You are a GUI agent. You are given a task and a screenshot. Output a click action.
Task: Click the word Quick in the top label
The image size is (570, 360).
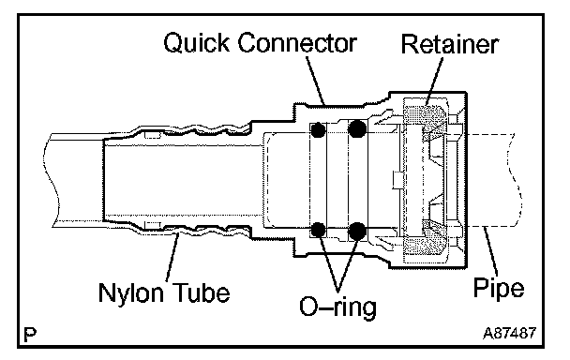coord(197,43)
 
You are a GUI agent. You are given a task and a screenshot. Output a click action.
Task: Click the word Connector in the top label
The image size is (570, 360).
coord(297,43)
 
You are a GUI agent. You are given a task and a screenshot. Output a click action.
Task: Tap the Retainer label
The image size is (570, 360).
coord(450,45)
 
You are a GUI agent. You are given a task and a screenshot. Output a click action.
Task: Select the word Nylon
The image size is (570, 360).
coord(131,292)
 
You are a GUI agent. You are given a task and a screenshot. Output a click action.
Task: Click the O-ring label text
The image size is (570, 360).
coord(337,307)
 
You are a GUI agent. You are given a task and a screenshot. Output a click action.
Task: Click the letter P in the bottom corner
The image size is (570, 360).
coord(30,334)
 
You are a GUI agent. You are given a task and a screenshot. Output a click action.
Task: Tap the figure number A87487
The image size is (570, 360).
coord(510,333)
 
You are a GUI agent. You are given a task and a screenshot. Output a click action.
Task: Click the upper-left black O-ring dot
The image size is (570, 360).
coord(319,129)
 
